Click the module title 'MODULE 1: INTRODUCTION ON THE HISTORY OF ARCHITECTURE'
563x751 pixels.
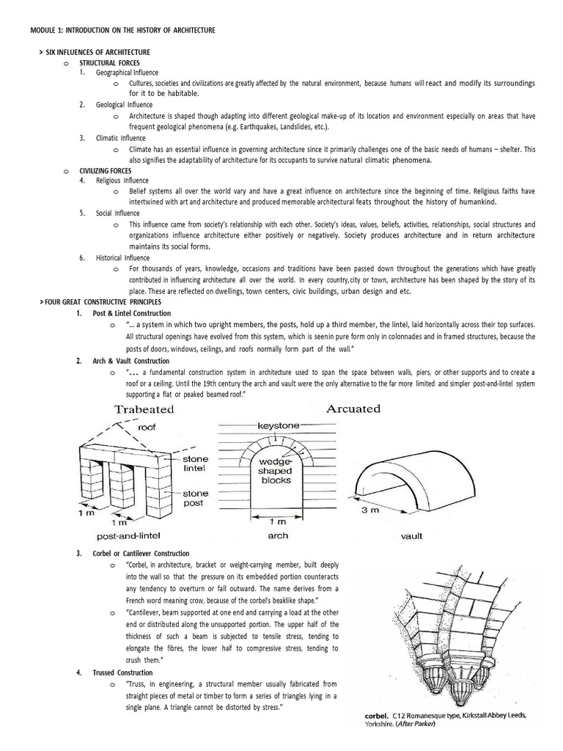pos(122,29)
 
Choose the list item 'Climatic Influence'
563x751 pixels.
pos(121,138)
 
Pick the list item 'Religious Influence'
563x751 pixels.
pos(122,180)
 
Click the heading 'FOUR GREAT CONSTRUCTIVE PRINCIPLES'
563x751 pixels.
pos(102,302)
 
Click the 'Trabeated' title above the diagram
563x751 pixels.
pos(144,409)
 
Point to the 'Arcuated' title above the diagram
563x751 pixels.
pos(353,409)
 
